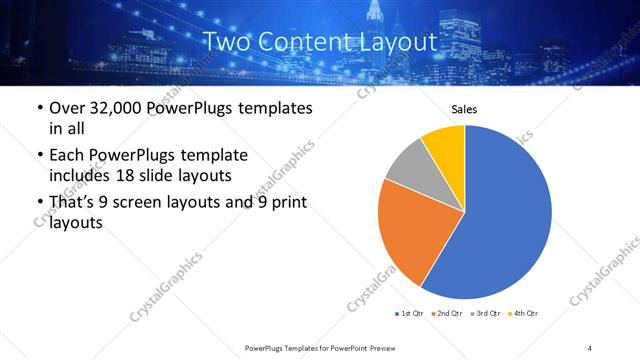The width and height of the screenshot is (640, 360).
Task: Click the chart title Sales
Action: pyautogui.click(x=464, y=109)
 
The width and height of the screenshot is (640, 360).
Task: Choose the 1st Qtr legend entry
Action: pyautogui.click(x=408, y=314)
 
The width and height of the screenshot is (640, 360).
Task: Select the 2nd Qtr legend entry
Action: pyautogui.click(x=445, y=314)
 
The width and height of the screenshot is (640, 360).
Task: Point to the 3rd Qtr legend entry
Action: pyautogui.click(x=485, y=314)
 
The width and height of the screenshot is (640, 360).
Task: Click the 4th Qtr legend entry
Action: pyautogui.click(x=523, y=314)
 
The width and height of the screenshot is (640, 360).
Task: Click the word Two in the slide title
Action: pyautogui.click(x=228, y=42)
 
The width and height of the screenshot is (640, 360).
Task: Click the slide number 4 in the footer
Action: pyautogui.click(x=590, y=348)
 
